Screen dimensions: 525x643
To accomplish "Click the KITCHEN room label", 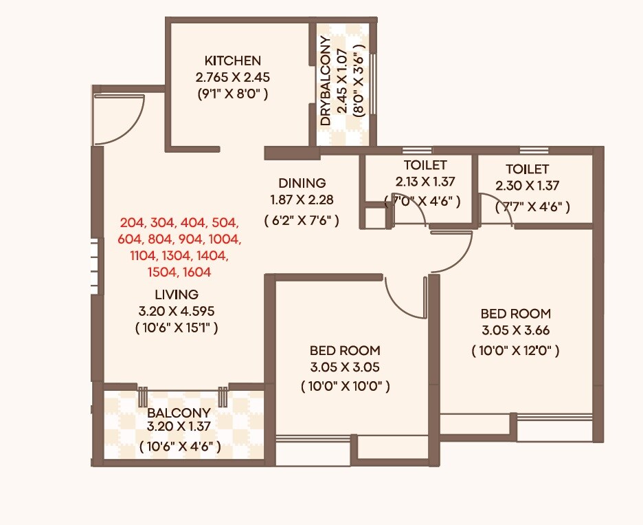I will (x=232, y=61).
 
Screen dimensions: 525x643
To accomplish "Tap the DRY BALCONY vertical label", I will (x=326, y=81).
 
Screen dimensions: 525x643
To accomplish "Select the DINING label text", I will (x=302, y=184).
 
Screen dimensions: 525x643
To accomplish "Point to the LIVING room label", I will (x=177, y=295).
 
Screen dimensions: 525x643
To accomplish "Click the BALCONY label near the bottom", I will (x=179, y=414).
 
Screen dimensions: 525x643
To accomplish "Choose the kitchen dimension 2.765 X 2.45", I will (x=232, y=76).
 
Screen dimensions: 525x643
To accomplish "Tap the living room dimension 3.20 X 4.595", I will (x=177, y=311).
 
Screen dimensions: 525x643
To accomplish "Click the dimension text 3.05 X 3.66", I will (x=515, y=330).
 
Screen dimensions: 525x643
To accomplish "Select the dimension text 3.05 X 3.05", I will (x=345, y=367).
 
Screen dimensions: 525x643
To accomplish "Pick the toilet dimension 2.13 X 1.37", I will (x=426, y=182).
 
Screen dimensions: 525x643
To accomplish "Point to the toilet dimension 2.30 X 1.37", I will (x=527, y=186).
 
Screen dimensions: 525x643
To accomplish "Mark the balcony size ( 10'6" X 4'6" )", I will (x=179, y=447).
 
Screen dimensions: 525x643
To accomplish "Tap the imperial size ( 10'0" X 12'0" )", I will (x=515, y=351).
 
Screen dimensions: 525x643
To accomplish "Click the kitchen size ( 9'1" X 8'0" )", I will (x=232, y=93).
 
